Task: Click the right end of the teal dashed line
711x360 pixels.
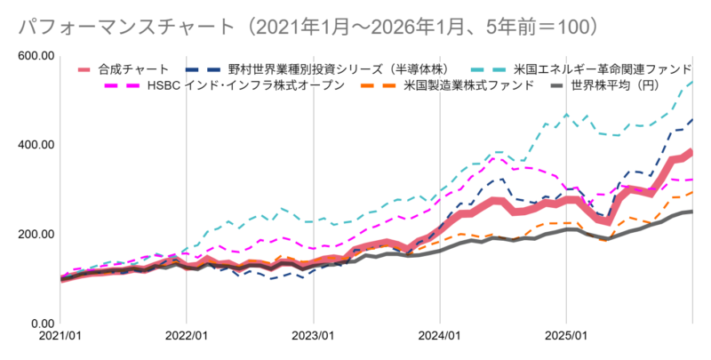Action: pos(692,82)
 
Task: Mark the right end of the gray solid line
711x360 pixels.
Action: pos(692,212)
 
